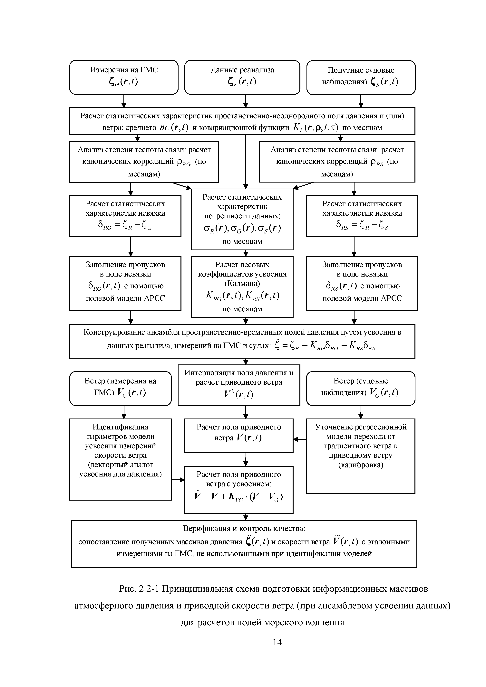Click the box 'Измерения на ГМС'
tap(124, 77)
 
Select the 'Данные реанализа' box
tap(242, 77)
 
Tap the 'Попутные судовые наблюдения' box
tap(361, 77)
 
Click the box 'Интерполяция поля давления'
tap(239, 385)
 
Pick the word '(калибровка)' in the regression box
tap(361, 465)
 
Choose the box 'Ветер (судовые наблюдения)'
tap(361, 388)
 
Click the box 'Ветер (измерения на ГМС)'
tap(120, 388)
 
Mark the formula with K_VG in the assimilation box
tap(239, 497)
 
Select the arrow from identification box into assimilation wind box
tap(178, 480)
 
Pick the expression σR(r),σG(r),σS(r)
tap(242, 229)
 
